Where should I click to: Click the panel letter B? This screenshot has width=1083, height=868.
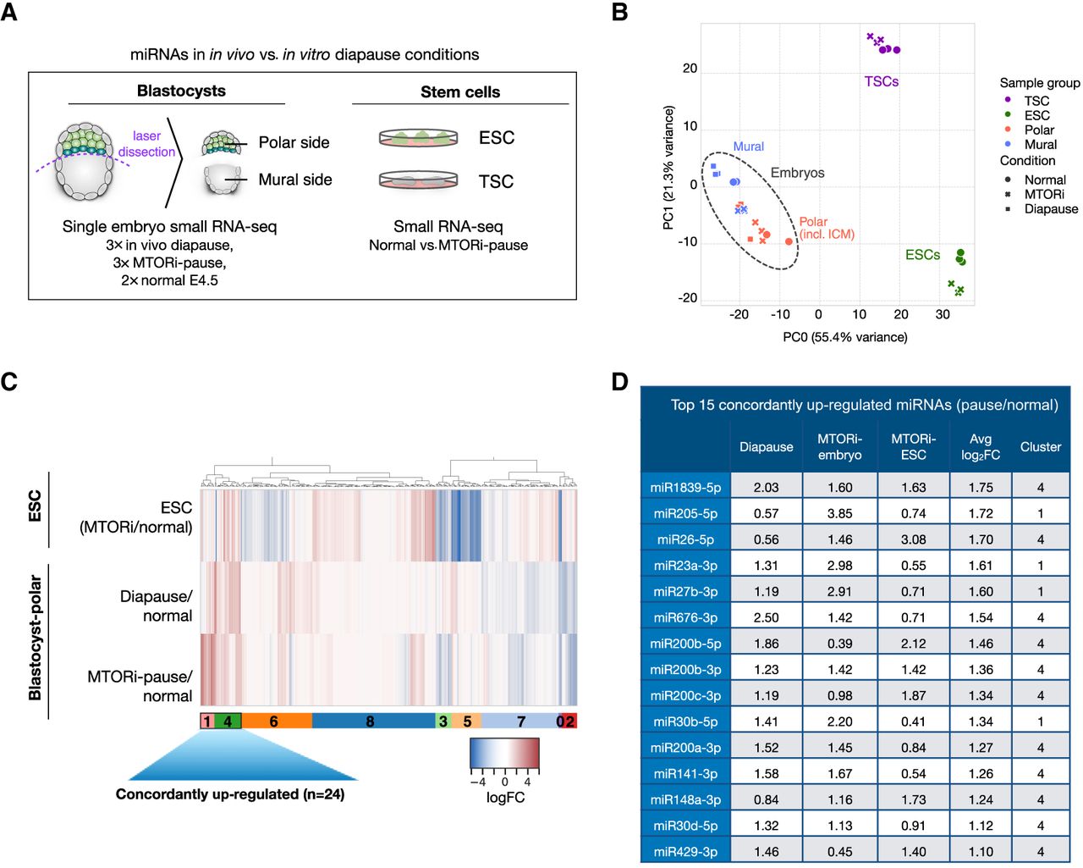click(619, 13)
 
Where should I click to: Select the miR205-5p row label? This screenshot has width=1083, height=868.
click(685, 513)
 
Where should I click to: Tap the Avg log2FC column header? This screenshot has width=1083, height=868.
click(980, 446)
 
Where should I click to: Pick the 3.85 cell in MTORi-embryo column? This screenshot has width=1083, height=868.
click(839, 513)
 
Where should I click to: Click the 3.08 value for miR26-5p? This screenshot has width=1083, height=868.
click(913, 539)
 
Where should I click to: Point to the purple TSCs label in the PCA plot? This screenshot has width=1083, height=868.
click(881, 81)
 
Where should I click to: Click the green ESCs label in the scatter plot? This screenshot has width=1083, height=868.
click(922, 255)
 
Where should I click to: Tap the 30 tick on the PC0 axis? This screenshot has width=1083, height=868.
click(943, 314)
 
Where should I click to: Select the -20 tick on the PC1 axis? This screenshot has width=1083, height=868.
click(687, 298)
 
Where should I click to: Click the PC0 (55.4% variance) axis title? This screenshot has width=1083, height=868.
click(844, 337)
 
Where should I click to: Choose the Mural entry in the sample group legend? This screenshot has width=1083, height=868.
click(1040, 144)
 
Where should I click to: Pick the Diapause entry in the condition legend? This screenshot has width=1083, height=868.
click(1051, 208)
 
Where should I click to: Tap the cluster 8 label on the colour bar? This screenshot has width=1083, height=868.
click(371, 721)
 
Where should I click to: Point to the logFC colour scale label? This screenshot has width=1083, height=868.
click(505, 798)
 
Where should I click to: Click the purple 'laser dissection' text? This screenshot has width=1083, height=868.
click(146, 144)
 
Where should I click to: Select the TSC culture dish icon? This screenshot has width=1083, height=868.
click(418, 180)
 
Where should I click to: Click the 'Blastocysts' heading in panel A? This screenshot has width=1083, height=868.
click(181, 91)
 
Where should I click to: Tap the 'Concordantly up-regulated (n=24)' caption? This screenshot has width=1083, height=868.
click(230, 794)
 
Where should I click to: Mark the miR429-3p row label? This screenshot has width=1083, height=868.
click(685, 851)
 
